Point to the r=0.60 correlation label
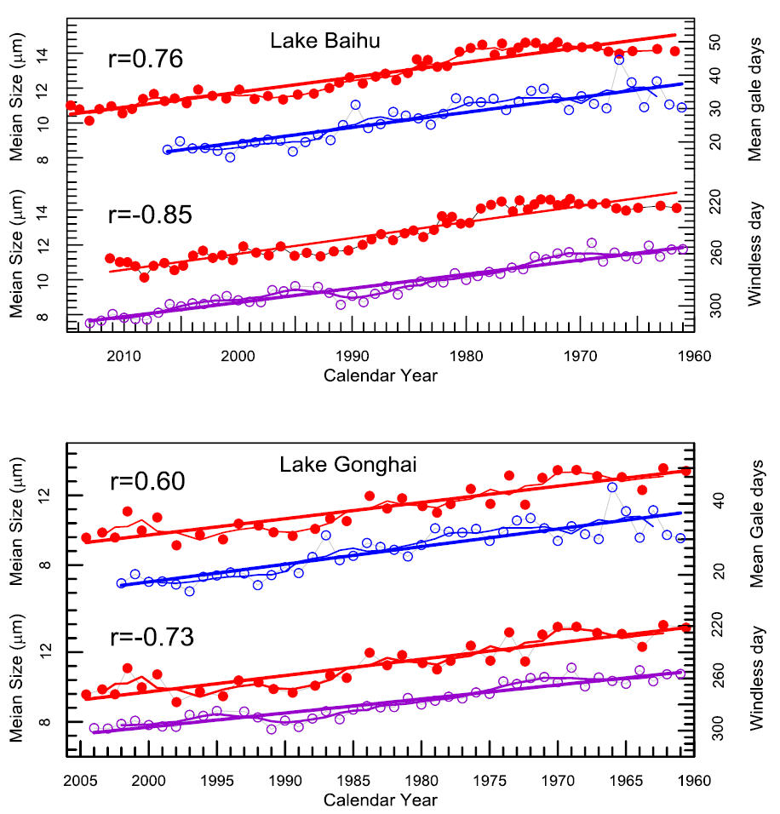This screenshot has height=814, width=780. [x=146, y=481]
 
